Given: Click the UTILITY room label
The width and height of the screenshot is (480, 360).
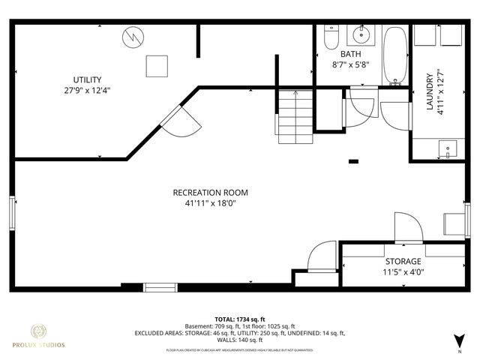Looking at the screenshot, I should (x=87, y=79).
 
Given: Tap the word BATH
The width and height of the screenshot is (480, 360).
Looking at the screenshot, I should (x=350, y=55).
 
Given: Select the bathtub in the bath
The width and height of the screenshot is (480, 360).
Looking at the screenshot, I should (x=395, y=55).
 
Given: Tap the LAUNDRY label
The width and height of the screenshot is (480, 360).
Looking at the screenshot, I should (x=430, y=91).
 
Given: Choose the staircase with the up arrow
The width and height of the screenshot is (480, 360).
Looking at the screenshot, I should (x=295, y=115).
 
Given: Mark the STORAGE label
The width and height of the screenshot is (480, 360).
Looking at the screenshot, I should (x=403, y=262).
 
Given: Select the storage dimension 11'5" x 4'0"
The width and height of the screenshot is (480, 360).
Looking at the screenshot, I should (x=403, y=272).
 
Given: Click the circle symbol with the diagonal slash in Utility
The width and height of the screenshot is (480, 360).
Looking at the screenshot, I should (x=133, y=35).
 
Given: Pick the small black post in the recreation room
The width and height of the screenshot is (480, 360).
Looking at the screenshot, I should (x=354, y=161).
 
